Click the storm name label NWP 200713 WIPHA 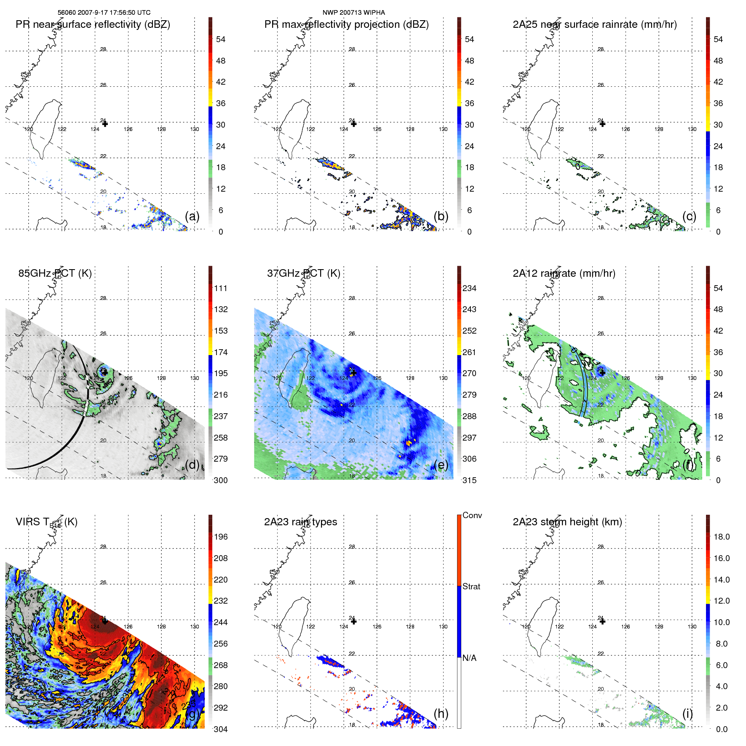point(353,13)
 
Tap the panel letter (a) point(192,217)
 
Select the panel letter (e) point(441,465)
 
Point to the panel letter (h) point(441,714)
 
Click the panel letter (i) point(687,714)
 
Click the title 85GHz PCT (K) point(55,273)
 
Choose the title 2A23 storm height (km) point(567,522)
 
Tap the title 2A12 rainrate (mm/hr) point(564,273)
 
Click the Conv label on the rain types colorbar point(472,515)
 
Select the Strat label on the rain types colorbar point(471,586)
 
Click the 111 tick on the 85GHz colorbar point(221,288)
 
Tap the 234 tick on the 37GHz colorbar point(469,288)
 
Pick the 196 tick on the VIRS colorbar point(221,537)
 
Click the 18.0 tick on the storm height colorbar point(721,537)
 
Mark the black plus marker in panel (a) point(105,124)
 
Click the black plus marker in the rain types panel point(354,621)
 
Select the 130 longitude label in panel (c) point(692,129)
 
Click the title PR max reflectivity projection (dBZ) point(346,24)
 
